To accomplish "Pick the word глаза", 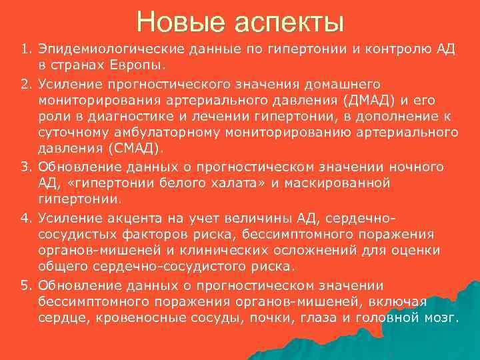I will tap(319, 318).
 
